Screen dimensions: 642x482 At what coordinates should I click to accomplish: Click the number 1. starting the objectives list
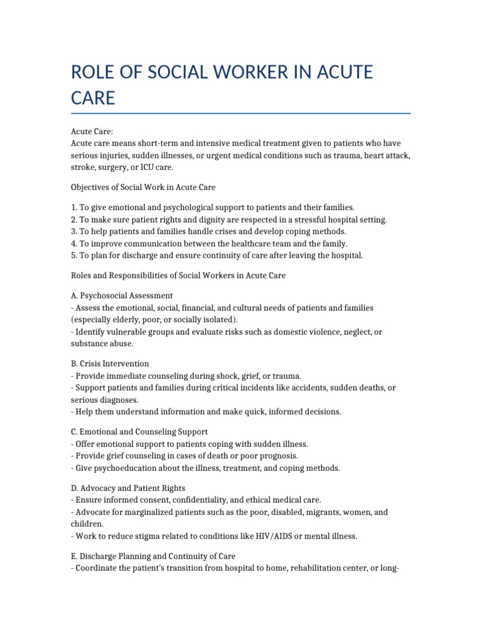tap(74, 207)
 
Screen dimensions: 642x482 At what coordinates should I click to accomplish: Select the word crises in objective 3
tap(219, 231)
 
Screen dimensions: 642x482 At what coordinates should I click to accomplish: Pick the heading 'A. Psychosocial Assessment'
tap(122, 295)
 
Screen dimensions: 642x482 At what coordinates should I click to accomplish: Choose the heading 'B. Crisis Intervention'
tap(110, 364)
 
